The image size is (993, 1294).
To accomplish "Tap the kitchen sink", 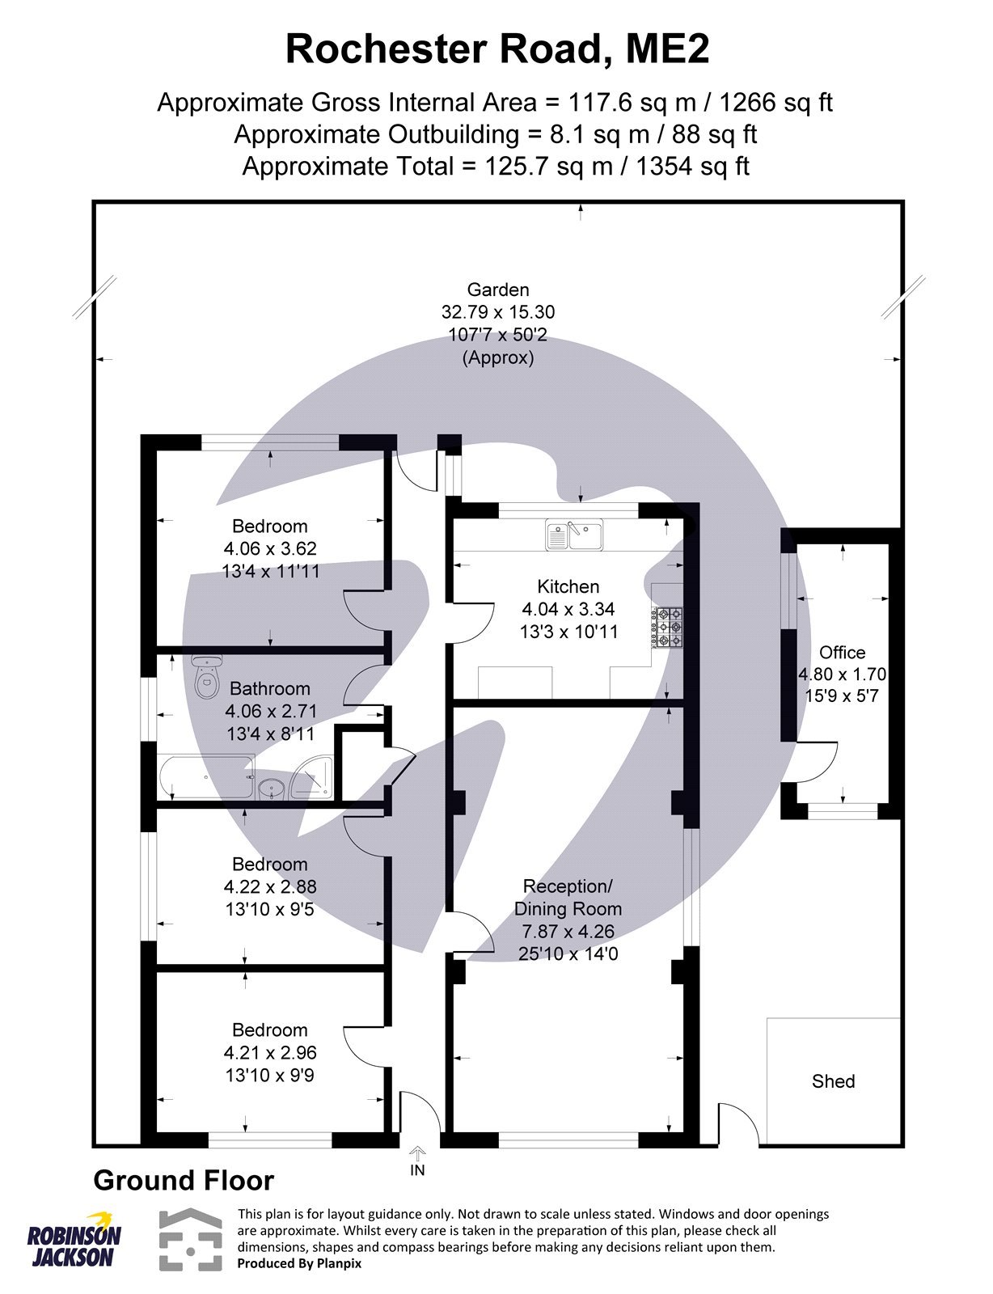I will (x=574, y=535).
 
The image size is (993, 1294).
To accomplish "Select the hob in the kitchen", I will (x=668, y=627).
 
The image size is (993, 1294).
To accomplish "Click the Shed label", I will (x=833, y=1081).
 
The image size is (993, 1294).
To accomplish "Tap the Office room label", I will (x=842, y=653).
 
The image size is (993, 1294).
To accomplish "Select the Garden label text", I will (x=498, y=290).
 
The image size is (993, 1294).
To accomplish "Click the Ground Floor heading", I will (x=184, y=1181).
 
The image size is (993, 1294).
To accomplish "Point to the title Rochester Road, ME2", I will (x=496, y=49).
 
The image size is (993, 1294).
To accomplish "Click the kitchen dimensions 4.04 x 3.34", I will (x=568, y=610).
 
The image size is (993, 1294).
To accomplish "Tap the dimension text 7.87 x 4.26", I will (x=568, y=932).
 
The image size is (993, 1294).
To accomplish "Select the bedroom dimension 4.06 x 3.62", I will (x=270, y=548).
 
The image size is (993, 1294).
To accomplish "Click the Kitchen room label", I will (x=568, y=587).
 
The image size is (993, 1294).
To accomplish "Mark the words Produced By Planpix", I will (x=299, y=1263).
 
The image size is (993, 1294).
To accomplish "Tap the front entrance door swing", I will (x=420, y=1114).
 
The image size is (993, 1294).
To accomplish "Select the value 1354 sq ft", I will (x=692, y=167).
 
